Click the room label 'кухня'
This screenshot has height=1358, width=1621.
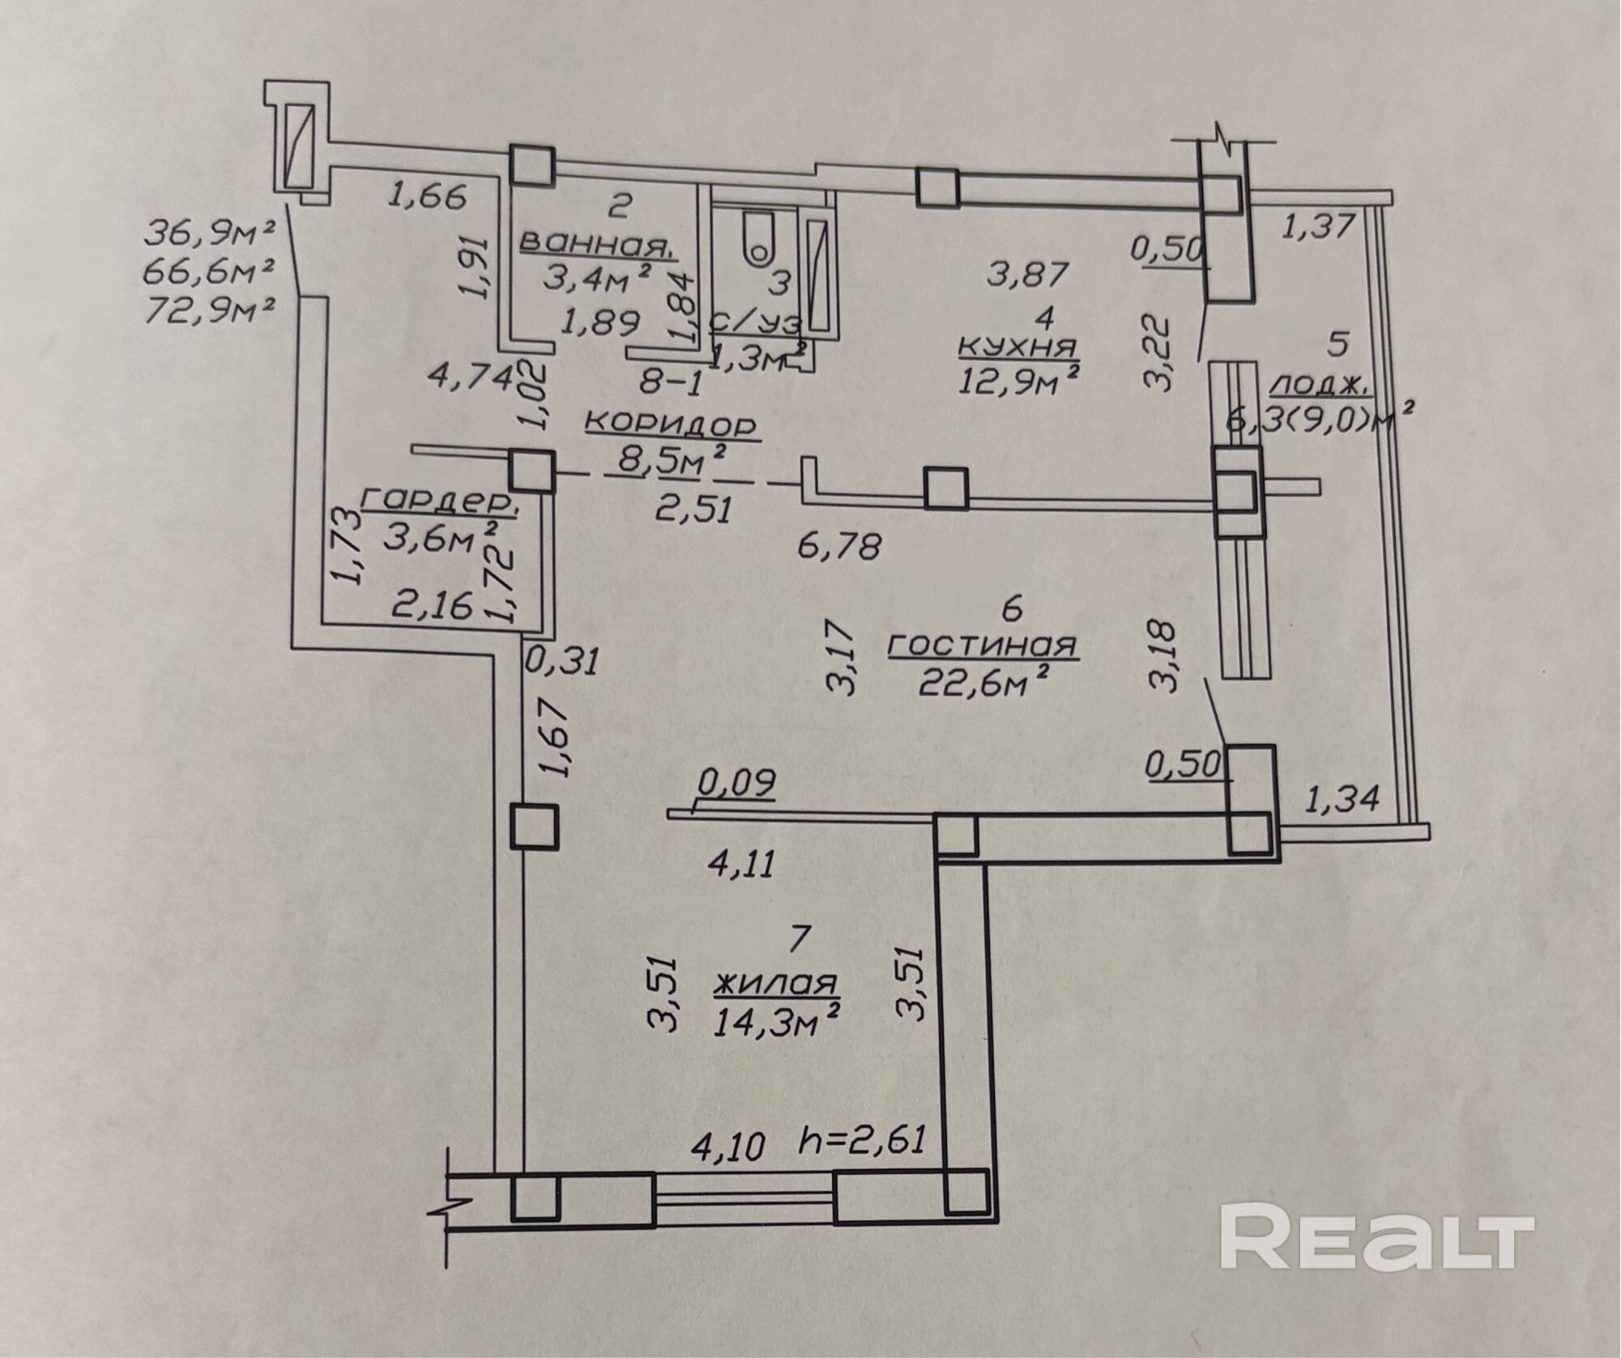[1017, 346]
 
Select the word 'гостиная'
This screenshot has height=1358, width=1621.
[982, 645]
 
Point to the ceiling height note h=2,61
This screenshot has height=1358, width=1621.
[861, 1141]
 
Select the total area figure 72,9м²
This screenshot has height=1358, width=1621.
[209, 310]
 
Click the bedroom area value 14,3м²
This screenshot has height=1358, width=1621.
[776, 1022]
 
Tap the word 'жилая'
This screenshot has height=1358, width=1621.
[774, 984]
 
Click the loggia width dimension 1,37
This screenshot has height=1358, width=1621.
[1316, 226]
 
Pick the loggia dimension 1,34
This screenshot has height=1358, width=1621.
[1341, 800]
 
